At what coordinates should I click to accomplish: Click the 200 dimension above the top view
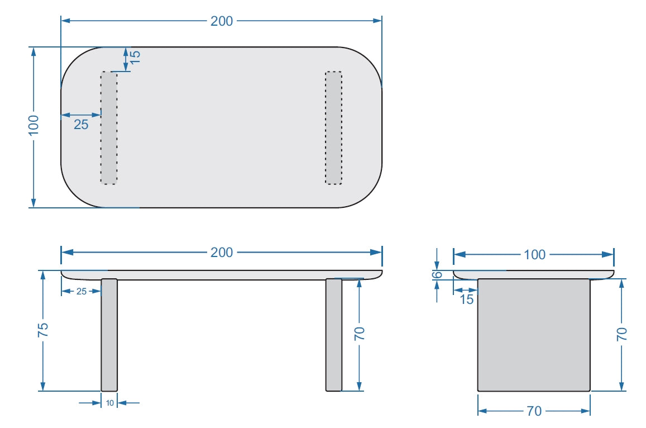point(222,21)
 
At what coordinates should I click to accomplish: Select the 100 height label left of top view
point(34,125)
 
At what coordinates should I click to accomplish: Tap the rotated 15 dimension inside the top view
point(135,56)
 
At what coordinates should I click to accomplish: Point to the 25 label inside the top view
point(81,125)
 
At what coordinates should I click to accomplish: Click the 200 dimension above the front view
point(222,253)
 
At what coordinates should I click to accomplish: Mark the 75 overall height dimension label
point(43,330)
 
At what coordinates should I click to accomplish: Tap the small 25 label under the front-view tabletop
point(82,292)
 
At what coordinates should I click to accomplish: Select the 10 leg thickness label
point(109,403)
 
